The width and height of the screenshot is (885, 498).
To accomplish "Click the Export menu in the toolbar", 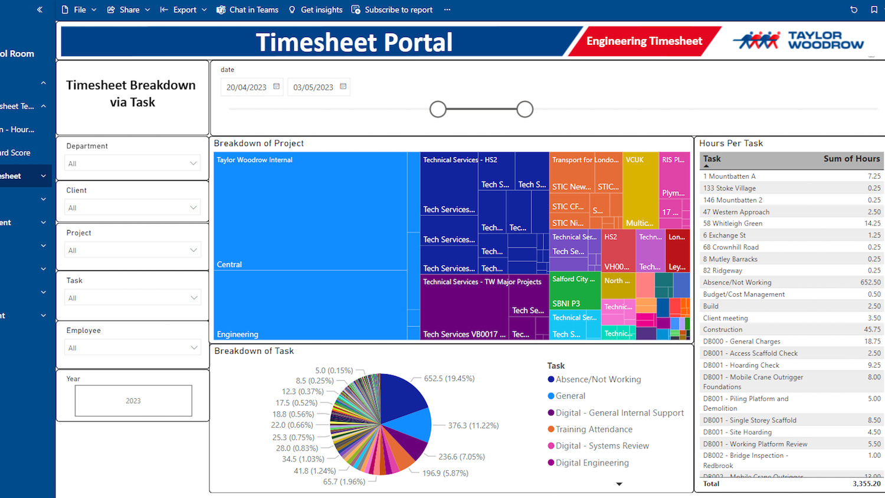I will (x=183, y=9).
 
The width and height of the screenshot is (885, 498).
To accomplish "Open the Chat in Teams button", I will (x=247, y=9).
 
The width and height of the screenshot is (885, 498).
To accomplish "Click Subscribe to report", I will (x=392, y=9).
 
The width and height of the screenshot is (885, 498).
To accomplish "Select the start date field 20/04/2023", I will (x=247, y=87).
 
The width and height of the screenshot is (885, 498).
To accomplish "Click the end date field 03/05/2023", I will (x=313, y=87).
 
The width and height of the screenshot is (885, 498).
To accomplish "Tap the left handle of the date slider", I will (x=438, y=109).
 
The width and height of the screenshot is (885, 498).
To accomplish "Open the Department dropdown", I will (x=132, y=163).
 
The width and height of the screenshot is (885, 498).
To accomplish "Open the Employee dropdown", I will (x=132, y=348).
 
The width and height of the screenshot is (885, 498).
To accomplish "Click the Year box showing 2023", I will (x=133, y=401).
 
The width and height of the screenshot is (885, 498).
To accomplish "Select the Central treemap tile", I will (x=310, y=212).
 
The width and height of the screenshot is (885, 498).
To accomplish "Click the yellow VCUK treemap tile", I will (x=640, y=189).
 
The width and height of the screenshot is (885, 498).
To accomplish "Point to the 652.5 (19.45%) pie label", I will (x=449, y=378).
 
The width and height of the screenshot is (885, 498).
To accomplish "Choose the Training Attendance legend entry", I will (x=594, y=430).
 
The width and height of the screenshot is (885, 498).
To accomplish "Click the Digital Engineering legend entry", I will (x=592, y=463).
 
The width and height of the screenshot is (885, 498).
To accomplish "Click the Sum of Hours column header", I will (x=851, y=159).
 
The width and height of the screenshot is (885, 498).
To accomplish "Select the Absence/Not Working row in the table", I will (x=791, y=282).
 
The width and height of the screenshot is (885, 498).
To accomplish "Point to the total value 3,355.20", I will (x=866, y=484).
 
